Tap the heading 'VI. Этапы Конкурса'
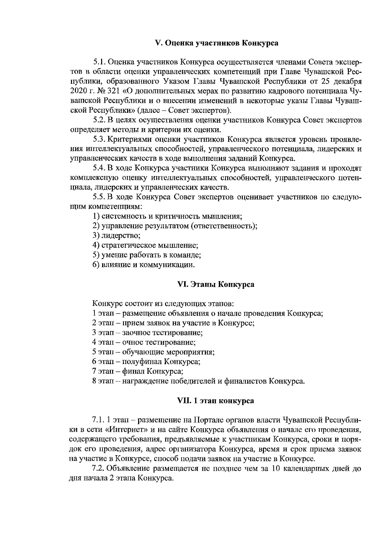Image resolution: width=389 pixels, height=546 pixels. point(216,285)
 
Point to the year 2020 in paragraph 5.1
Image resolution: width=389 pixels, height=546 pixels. point(77,90)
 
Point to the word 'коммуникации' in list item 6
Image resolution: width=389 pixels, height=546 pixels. point(171,265)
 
